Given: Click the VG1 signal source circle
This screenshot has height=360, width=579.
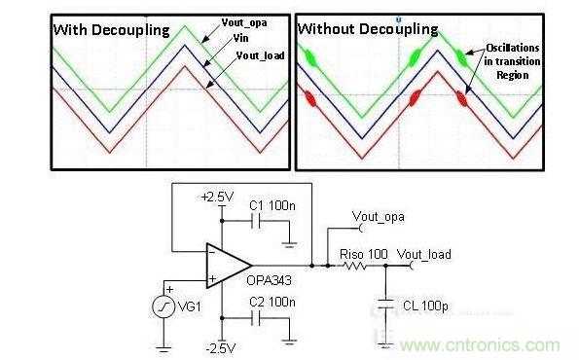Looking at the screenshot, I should [x=162, y=307].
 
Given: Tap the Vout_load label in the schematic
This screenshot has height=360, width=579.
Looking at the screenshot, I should [x=424, y=254].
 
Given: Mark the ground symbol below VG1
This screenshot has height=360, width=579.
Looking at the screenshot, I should [x=162, y=347].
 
